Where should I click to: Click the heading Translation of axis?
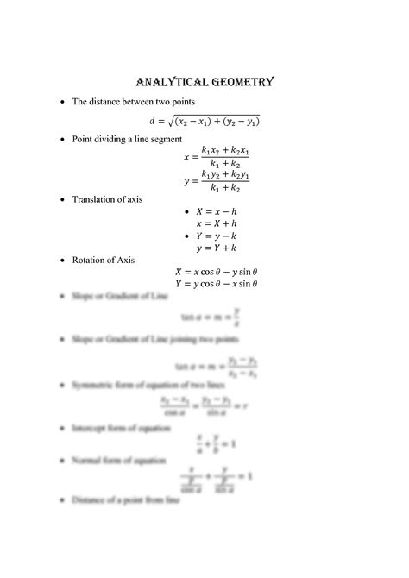tap(107, 199)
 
